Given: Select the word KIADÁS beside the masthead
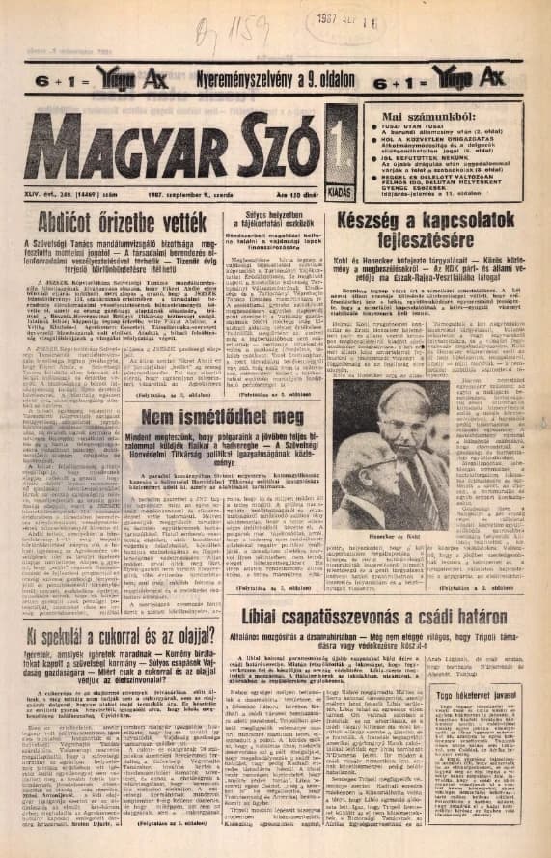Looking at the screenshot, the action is pos(341,193).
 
